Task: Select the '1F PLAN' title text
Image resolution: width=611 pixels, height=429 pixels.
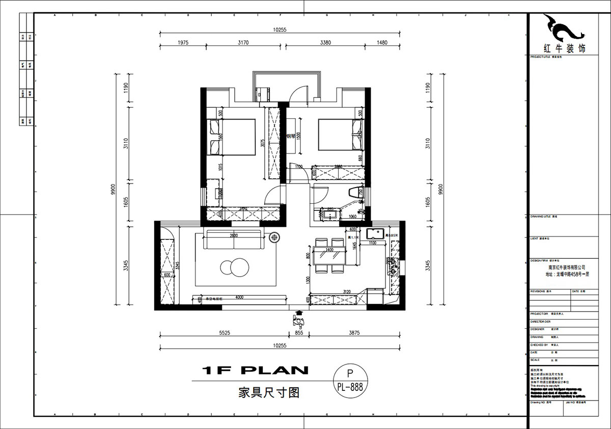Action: tap(255, 370)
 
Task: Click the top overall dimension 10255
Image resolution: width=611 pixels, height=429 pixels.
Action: tap(280, 29)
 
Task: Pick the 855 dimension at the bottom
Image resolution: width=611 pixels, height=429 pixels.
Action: tap(299, 333)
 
